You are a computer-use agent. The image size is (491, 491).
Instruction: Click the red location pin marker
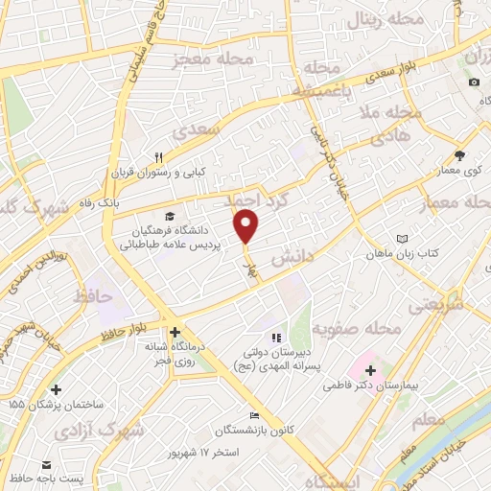[x=246, y=225]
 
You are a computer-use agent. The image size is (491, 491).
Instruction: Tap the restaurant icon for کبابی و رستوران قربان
[x=160, y=157]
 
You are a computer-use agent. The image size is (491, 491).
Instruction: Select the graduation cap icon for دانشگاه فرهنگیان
[x=170, y=217]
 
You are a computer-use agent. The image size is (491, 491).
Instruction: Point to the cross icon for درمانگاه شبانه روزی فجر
[x=175, y=333]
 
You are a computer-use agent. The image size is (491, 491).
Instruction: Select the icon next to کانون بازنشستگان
[x=253, y=416]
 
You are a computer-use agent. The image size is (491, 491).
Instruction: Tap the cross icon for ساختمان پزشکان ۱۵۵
[x=57, y=389]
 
